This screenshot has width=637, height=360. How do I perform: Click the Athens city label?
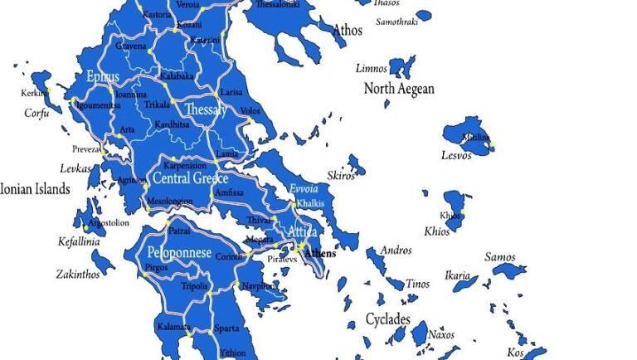tap(320, 253)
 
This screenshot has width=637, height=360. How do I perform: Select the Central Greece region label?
tap(189, 178)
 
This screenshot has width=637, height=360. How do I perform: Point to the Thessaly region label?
tap(206, 109)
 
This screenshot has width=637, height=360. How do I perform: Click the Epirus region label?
tap(103, 77)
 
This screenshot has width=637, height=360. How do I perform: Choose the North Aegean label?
tap(399, 89)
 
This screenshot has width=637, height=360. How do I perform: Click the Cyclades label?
tap(388, 319)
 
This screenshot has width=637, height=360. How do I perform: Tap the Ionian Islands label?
tap(35, 189)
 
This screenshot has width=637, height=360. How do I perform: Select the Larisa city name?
tap(230, 92)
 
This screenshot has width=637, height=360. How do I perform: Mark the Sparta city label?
tap(226, 328)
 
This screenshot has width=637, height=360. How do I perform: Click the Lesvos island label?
tap(456, 155)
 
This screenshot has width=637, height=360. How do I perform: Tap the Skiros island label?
tap(341, 176)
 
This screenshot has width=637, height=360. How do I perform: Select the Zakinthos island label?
tap(78, 274)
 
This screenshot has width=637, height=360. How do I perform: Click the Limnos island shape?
tap(402, 66)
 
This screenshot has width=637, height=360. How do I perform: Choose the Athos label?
tap(348, 31)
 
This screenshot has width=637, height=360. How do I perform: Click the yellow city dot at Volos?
tap(247, 121)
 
